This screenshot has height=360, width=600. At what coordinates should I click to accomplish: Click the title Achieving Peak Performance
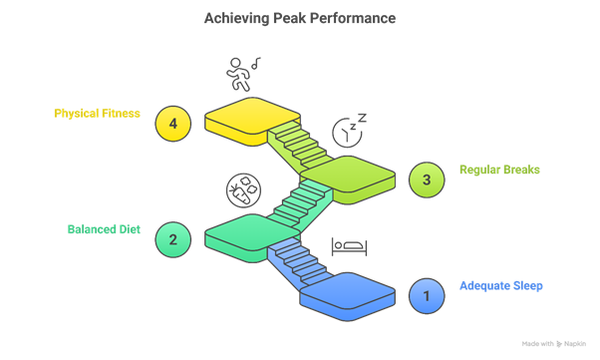click(x=299, y=18)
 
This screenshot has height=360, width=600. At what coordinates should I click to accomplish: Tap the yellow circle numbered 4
click(x=173, y=124)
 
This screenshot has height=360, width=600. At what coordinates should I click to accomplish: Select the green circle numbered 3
click(x=427, y=180)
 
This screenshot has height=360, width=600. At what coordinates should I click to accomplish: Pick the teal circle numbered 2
click(x=173, y=238)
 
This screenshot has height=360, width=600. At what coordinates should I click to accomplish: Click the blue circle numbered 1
click(x=427, y=295)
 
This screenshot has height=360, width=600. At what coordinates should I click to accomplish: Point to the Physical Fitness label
click(x=97, y=114)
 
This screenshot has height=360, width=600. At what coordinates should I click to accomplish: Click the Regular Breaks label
click(x=499, y=170)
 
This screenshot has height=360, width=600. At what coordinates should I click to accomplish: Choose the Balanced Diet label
click(x=104, y=229)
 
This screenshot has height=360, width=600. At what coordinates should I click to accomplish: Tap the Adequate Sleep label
click(x=501, y=286)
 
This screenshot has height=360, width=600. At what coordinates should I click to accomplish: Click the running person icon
click(x=239, y=74)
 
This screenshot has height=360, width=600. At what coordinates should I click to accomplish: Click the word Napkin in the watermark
click(x=575, y=343)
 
